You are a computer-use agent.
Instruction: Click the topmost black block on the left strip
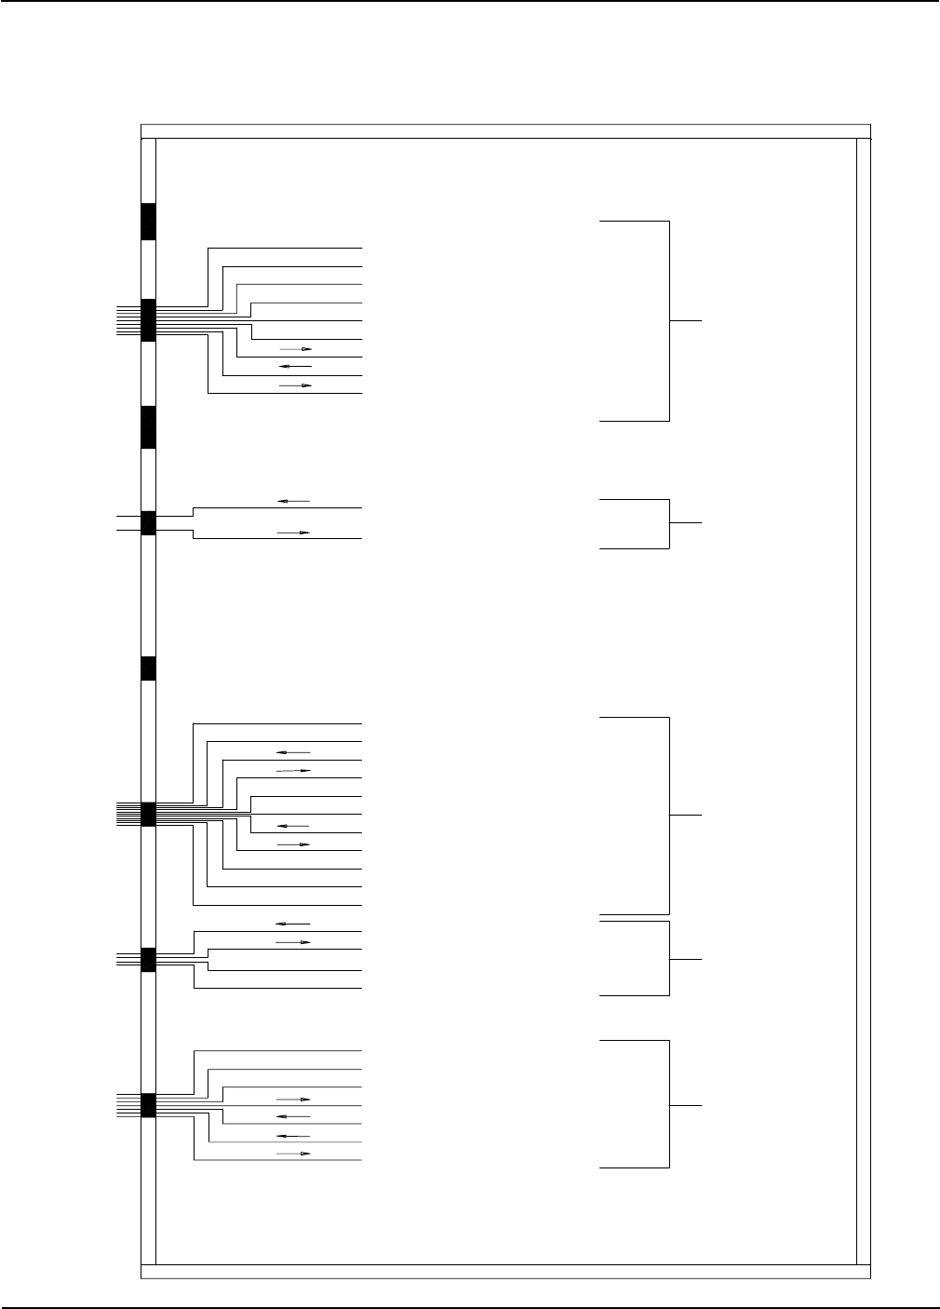[x=147, y=222]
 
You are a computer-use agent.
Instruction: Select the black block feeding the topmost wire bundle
[x=147, y=320]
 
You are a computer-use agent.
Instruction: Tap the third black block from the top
[x=147, y=427]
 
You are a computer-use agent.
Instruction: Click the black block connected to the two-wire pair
[x=147, y=523]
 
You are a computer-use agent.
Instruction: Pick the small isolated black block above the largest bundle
[x=147, y=668]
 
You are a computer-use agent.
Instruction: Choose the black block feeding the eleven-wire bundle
[x=147, y=814]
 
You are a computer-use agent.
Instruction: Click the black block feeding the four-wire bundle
[x=147, y=959]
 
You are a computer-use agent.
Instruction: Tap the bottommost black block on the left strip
[x=147, y=1105]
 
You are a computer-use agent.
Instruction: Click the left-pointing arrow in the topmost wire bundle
[x=295, y=366]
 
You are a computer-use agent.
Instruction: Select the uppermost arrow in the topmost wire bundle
[x=295, y=349]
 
